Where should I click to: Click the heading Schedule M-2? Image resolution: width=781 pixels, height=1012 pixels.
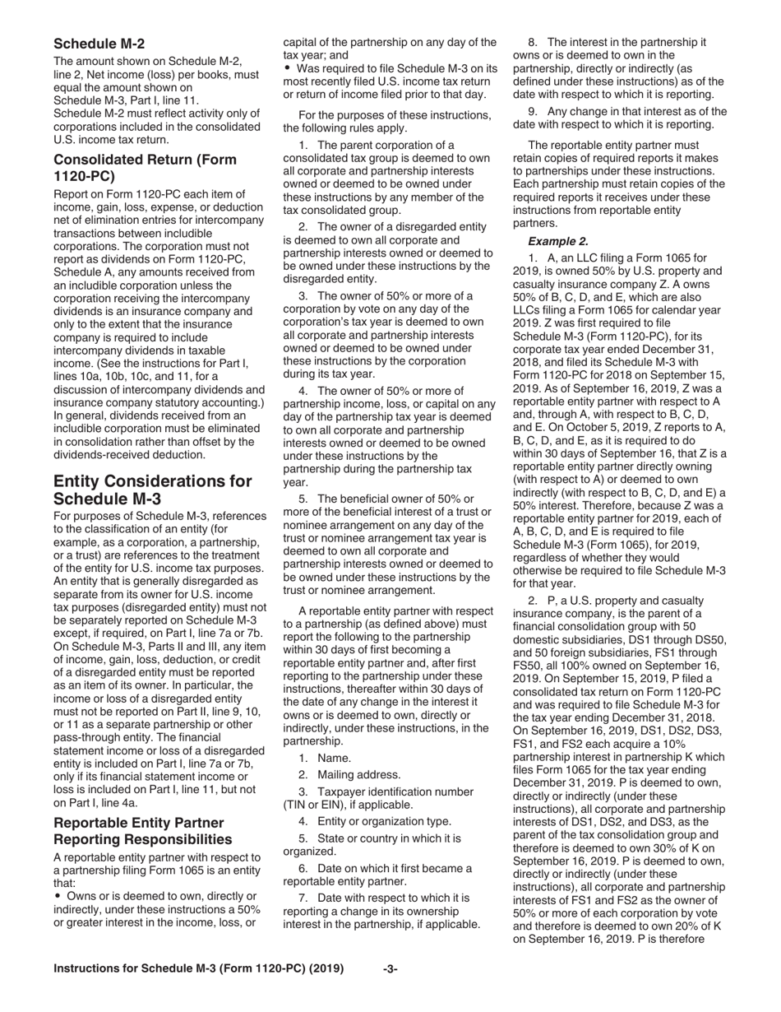point(99,43)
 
